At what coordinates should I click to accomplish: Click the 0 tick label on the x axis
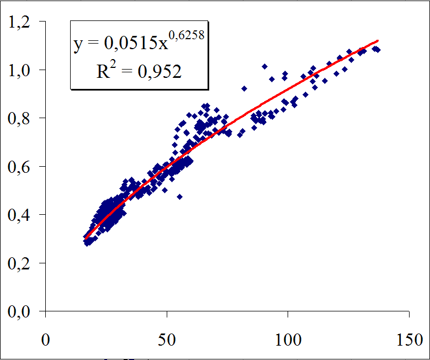coord(46,338)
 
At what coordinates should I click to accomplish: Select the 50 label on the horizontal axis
coord(167,338)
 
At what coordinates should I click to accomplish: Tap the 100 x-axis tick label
coord(288,338)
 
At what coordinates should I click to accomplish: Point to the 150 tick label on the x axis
coord(408,338)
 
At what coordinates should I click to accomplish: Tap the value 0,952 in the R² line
coord(161,72)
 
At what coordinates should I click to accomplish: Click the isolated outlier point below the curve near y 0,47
coord(179,196)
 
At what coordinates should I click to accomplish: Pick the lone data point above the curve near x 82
coord(244,88)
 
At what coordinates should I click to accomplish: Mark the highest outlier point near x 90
coord(264,66)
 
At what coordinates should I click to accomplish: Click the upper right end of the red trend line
coord(378,41)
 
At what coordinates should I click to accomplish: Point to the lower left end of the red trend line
coord(86,238)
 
